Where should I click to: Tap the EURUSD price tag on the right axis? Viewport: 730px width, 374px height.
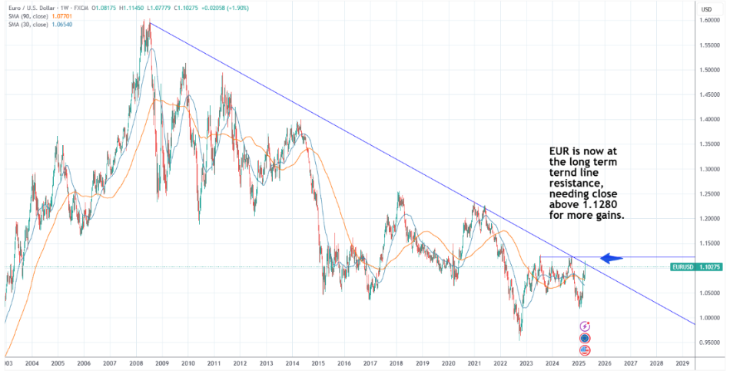[x=695, y=266]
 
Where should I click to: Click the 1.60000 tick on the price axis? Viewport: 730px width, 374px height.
[x=710, y=21]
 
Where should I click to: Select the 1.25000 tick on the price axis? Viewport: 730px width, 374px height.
[x=710, y=194]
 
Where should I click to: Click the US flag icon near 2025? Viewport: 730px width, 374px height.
[x=585, y=350]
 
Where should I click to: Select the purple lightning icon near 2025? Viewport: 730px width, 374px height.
[x=585, y=326]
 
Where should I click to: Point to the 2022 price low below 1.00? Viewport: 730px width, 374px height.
[x=520, y=338]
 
